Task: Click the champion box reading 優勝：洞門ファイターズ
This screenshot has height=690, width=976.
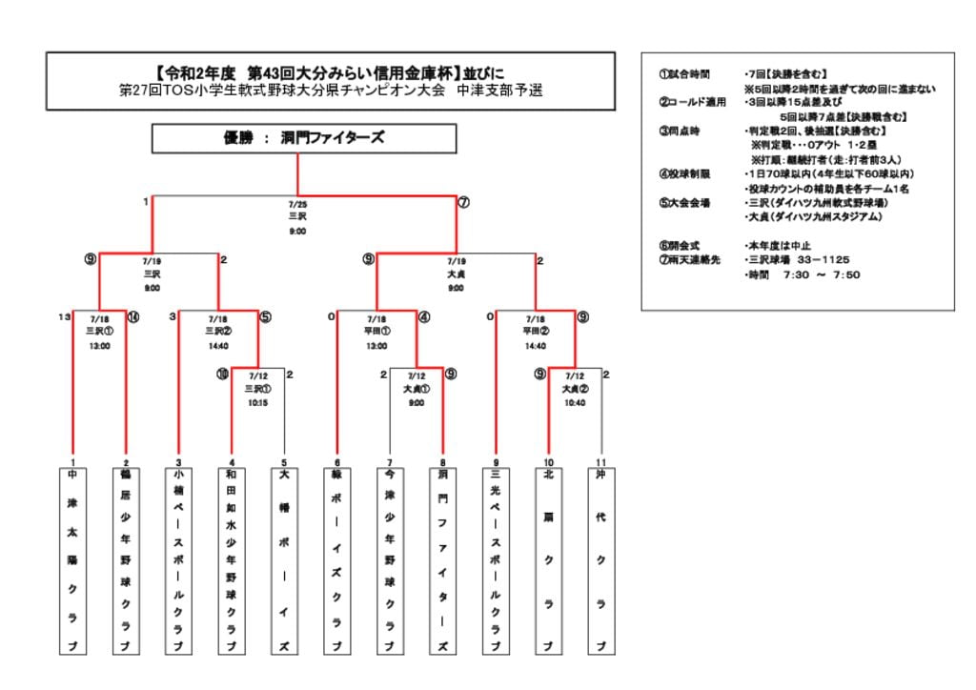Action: (x=297, y=138)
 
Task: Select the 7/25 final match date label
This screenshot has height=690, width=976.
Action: (x=297, y=203)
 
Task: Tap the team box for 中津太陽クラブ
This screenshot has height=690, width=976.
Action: (x=72, y=559)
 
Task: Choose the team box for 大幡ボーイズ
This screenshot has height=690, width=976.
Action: (x=284, y=559)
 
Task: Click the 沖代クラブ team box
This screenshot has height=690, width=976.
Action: (x=600, y=559)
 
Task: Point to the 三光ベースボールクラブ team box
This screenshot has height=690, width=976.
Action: (x=496, y=559)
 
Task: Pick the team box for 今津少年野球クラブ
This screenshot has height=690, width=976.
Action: (x=390, y=559)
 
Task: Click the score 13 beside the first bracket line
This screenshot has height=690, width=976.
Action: (x=64, y=316)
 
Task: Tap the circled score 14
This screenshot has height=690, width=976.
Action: (x=132, y=316)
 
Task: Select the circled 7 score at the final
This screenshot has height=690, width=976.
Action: (x=463, y=202)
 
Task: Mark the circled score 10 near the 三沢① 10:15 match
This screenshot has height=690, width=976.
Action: (x=222, y=375)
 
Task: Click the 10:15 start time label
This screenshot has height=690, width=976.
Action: (x=257, y=402)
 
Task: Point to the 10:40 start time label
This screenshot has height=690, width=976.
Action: (x=574, y=402)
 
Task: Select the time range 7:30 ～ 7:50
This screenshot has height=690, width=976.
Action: (x=822, y=274)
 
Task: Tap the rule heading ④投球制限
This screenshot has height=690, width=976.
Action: (x=684, y=173)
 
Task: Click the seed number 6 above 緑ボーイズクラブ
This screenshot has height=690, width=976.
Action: (x=336, y=461)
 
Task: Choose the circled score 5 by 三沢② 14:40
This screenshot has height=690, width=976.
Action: (x=265, y=316)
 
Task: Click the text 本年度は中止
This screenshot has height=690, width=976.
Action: (x=781, y=245)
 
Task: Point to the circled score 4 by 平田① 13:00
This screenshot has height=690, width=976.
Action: (x=423, y=316)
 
